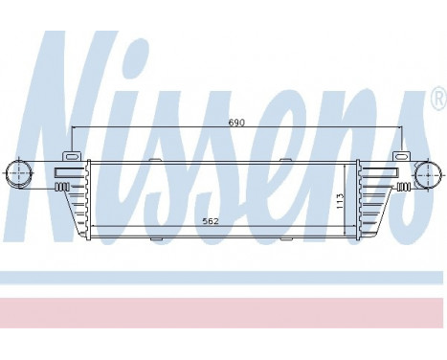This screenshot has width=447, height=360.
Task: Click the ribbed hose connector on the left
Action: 62,187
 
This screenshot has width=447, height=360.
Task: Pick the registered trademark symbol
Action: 437,99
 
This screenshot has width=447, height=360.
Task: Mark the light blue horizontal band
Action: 223,278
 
